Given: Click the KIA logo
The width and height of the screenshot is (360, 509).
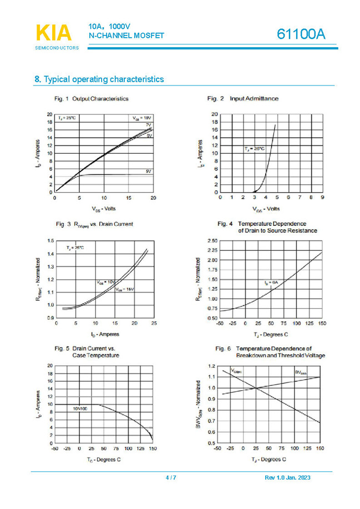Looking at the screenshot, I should pyautogui.click(x=54, y=33).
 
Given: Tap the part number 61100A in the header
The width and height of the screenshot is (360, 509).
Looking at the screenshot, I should pyautogui.click(x=301, y=34).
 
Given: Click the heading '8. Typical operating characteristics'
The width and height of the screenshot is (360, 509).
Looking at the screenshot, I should pyautogui.click(x=99, y=79).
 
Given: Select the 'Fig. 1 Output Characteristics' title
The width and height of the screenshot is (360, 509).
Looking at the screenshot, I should pyautogui.click(x=92, y=98).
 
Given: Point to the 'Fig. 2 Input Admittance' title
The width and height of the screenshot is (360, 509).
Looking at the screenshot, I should pyautogui.click(x=243, y=98).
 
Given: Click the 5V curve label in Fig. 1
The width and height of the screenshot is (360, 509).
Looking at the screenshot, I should pyautogui.click(x=148, y=172).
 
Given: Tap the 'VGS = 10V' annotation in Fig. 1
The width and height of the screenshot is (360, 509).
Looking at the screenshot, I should pyautogui.click(x=141, y=118).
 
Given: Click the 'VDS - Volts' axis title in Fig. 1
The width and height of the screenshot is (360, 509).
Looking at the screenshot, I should pyautogui.click(x=104, y=209).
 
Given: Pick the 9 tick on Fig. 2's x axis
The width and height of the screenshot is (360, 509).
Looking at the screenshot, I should pyautogui.click(x=322, y=198).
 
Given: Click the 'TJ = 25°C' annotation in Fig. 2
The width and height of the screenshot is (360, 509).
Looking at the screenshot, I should pyautogui.click(x=255, y=149).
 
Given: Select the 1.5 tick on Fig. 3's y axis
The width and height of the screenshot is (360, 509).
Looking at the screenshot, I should pyautogui.click(x=50, y=241).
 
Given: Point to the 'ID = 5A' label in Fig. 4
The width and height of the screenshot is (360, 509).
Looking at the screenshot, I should pyautogui.click(x=270, y=283).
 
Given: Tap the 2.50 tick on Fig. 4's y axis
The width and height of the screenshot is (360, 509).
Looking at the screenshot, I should pyautogui.click(x=211, y=241).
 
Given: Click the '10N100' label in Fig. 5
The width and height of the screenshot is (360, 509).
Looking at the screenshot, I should pyautogui.click(x=80, y=408).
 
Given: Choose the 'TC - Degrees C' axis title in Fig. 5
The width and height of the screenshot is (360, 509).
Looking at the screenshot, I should pyautogui.click(x=103, y=460).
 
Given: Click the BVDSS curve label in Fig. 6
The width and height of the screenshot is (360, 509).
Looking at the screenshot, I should pyautogui.click(x=300, y=373).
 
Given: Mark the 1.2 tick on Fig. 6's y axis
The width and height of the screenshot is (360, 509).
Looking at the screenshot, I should pyautogui.click(x=212, y=366).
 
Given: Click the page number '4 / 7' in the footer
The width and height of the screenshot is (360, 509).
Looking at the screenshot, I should pyautogui.click(x=171, y=478).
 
